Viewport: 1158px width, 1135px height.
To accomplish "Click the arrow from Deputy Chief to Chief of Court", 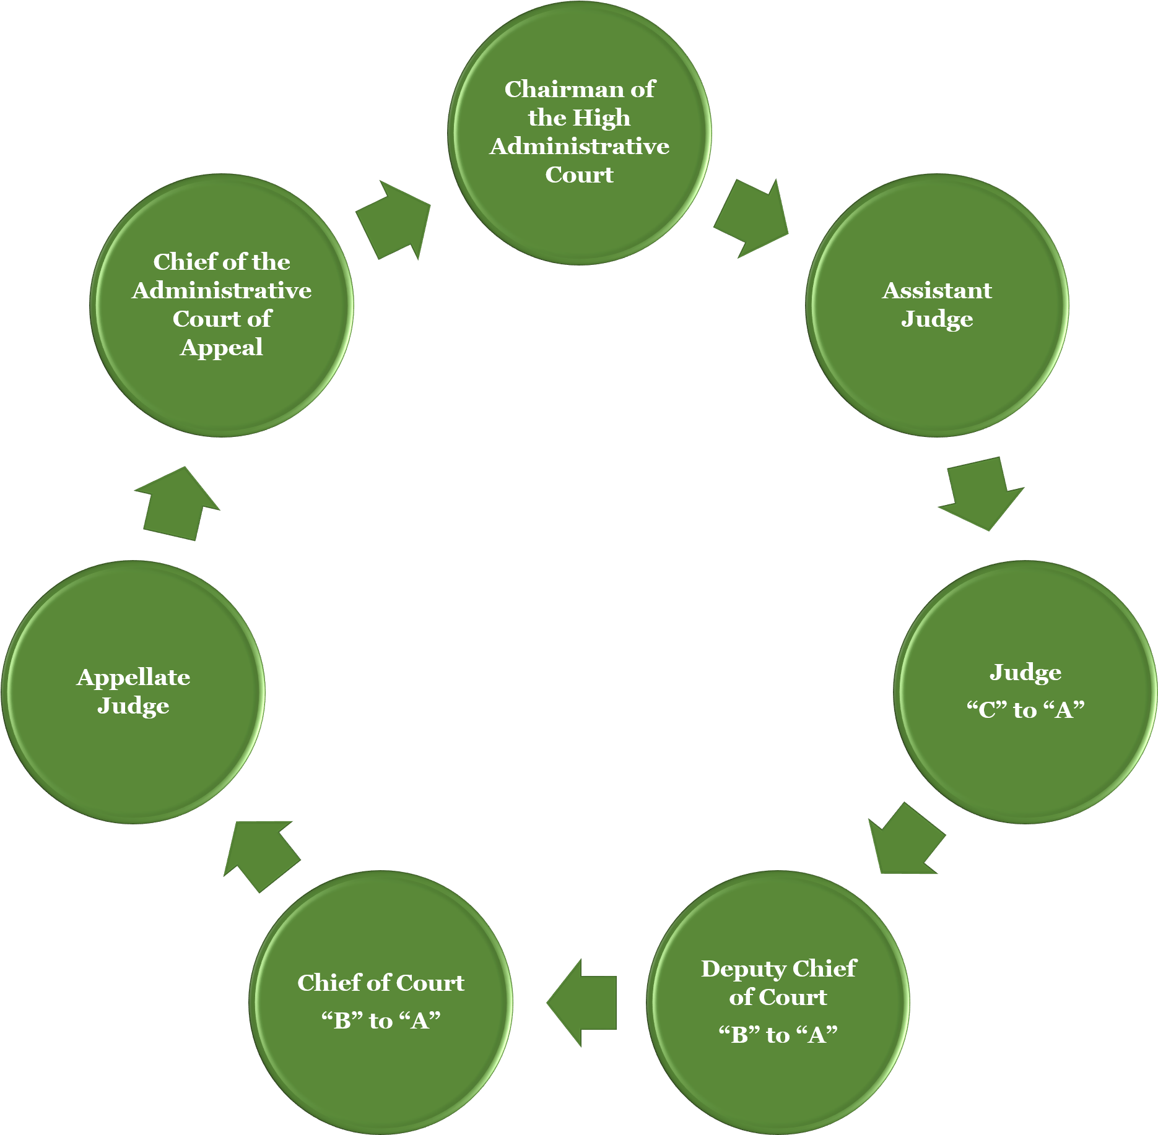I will click(x=582, y=1003).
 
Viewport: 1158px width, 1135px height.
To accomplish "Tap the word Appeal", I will click(x=222, y=347).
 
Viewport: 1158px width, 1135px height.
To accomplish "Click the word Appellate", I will click(x=133, y=678).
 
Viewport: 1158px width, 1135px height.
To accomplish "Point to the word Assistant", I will click(x=937, y=290).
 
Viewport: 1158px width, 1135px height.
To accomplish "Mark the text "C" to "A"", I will click(x=1025, y=710).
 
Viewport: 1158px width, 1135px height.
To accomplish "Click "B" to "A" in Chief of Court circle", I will click(x=381, y=1021).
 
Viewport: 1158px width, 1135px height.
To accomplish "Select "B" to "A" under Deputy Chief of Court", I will click(x=778, y=1035).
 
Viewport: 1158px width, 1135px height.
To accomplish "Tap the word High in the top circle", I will click(x=601, y=118).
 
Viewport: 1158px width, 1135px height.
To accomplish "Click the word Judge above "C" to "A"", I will click(x=1025, y=673).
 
